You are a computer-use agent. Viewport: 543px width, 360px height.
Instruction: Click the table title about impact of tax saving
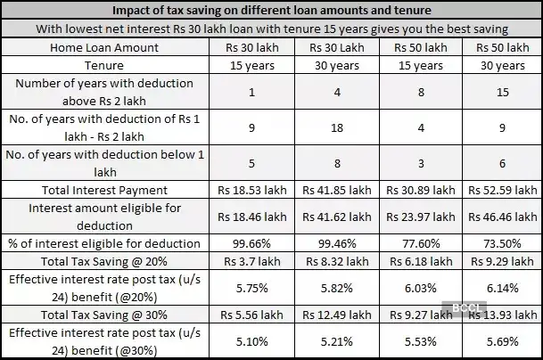pyautogui.click(x=271, y=10)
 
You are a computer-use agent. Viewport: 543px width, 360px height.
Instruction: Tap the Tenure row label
pyautogui.click(x=105, y=65)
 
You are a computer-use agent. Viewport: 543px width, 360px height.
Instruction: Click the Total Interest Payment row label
pyautogui.click(x=105, y=190)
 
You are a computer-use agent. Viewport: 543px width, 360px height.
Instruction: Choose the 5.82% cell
pyautogui.click(x=337, y=287)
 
